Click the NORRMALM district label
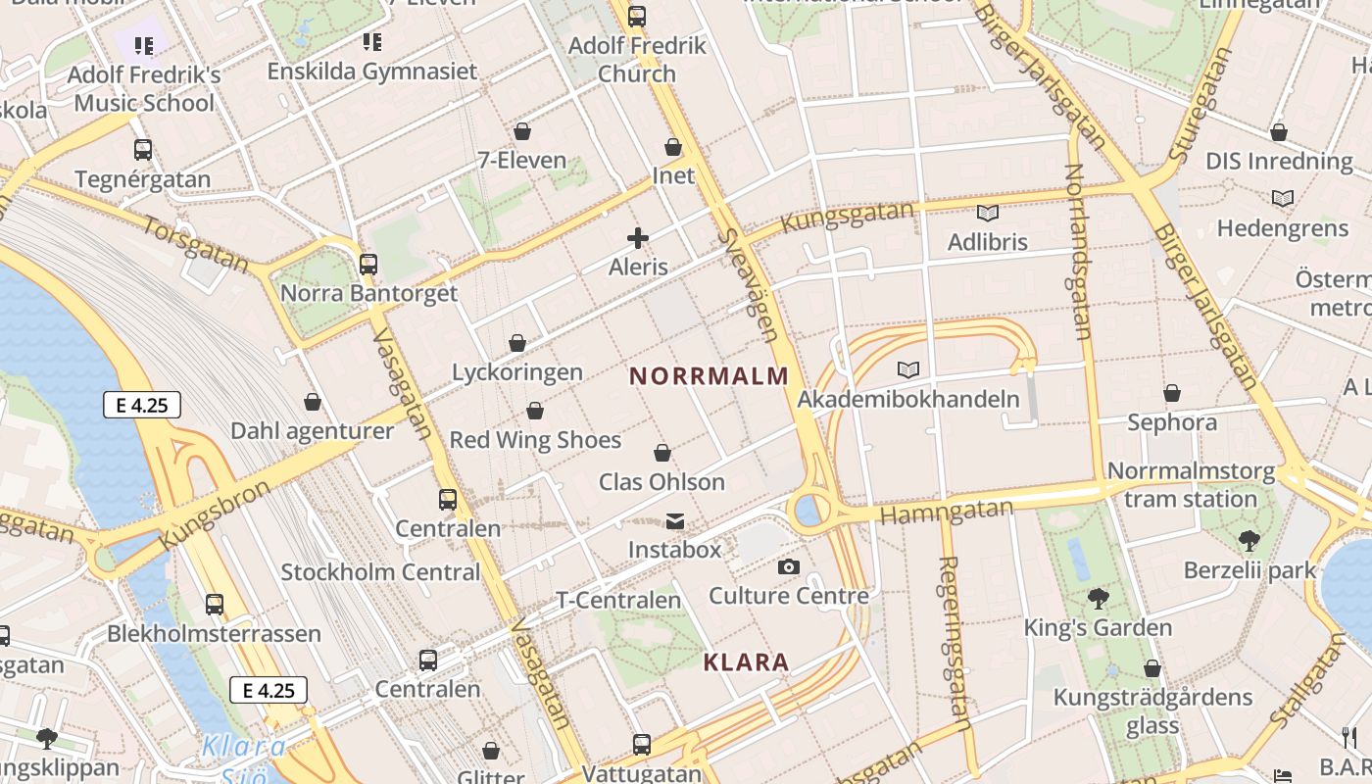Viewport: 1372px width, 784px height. click(x=709, y=375)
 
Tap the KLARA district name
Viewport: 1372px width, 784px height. click(x=746, y=662)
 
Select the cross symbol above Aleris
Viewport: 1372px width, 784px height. click(x=638, y=237)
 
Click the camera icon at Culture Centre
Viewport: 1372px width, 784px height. click(x=788, y=566)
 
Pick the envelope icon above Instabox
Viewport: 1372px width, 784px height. click(x=674, y=520)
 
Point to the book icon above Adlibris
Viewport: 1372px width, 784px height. click(x=987, y=213)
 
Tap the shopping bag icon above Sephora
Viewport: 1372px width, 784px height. click(x=1172, y=394)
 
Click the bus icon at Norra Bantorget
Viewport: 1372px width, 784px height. click(x=368, y=264)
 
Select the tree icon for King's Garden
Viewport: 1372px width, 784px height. click(x=1098, y=598)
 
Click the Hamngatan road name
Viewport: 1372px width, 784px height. click(x=946, y=512)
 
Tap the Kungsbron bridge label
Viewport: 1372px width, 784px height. click(x=213, y=514)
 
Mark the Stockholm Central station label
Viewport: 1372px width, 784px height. click(x=380, y=572)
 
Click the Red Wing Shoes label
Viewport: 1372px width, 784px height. click(x=535, y=440)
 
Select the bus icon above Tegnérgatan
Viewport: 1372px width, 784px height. click(x=143, y=150)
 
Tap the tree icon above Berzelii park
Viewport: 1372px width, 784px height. click(x=1249, y=540)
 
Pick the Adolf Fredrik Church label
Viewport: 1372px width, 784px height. click(x=637, y=60)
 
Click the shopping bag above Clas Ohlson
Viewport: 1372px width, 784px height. click(x=662, y=453)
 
